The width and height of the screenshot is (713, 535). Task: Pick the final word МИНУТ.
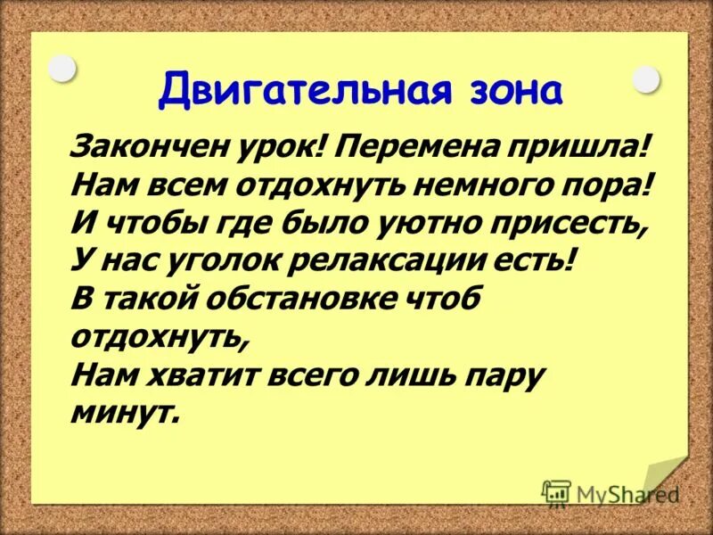click(x=124, y=414)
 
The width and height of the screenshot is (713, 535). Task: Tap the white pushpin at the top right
click(x=645, y=79)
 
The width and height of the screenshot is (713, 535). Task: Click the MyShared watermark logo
click(x=610, y=492)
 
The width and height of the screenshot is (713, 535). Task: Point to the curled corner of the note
click(x=664, y=477)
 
